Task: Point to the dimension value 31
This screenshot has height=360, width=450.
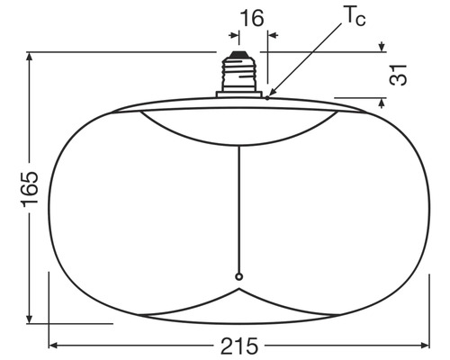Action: click(x=402, y=74)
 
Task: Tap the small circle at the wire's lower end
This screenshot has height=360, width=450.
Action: click(x=239, y=276)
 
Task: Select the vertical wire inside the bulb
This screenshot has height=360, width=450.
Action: click(x=239, y=207)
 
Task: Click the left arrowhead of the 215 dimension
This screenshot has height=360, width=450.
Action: click(x=52, y=345)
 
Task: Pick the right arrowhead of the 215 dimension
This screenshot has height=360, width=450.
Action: click(x=427, y=345)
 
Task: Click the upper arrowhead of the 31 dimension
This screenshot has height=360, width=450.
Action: click(x=382, y=47)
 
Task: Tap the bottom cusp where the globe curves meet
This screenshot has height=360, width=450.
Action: click(x=239, y=290)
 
